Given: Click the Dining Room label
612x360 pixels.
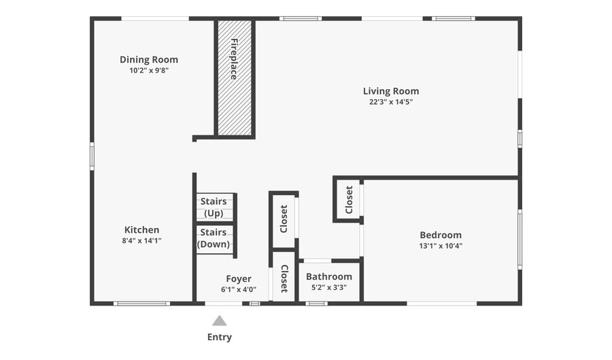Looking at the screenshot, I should tap(149, 59).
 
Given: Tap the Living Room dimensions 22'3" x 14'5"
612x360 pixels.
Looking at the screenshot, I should tap(391, 102).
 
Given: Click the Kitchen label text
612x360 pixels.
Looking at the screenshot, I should tap(141, 230).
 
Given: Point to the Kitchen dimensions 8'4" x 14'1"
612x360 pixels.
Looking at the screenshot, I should tap(141, 241).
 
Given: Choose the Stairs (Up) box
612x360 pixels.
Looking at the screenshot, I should tap(215, 208).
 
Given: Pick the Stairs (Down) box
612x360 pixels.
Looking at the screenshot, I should tap(214, 239).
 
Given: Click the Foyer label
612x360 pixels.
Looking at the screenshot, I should tap(239, 278).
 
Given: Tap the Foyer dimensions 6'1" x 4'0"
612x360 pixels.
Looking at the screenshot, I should tap(239, 289).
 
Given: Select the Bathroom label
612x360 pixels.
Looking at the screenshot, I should tap(329, 276).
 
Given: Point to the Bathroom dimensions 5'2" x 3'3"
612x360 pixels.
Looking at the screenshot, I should tap(329, 287).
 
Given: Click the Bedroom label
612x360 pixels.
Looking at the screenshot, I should tap(441, 235).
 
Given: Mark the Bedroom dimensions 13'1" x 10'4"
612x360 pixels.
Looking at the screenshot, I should tap(441, 246).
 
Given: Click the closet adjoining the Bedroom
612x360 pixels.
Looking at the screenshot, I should tap(348, 199).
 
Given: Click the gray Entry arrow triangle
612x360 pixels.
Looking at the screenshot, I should tap(219, 321).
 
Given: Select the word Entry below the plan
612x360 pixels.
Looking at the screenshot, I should tap(219, 337).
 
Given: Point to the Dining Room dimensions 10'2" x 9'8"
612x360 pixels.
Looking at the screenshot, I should tap(149, 70).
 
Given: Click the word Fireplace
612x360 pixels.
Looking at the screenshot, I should tap(234, 59).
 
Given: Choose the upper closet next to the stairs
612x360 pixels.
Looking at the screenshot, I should tap(284, 219).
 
